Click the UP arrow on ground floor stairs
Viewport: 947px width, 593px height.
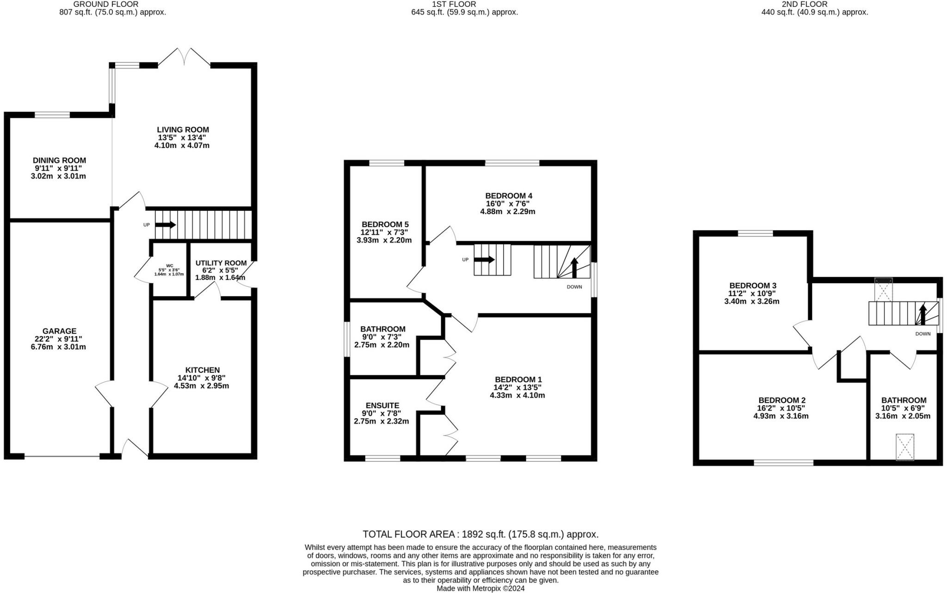[166, 225]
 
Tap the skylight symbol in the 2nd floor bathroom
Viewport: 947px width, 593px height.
[905, 447]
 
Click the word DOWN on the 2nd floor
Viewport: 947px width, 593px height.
[923, 334]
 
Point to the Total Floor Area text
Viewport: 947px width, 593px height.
[480, 534]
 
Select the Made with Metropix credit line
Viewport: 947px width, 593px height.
[480, 588]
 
